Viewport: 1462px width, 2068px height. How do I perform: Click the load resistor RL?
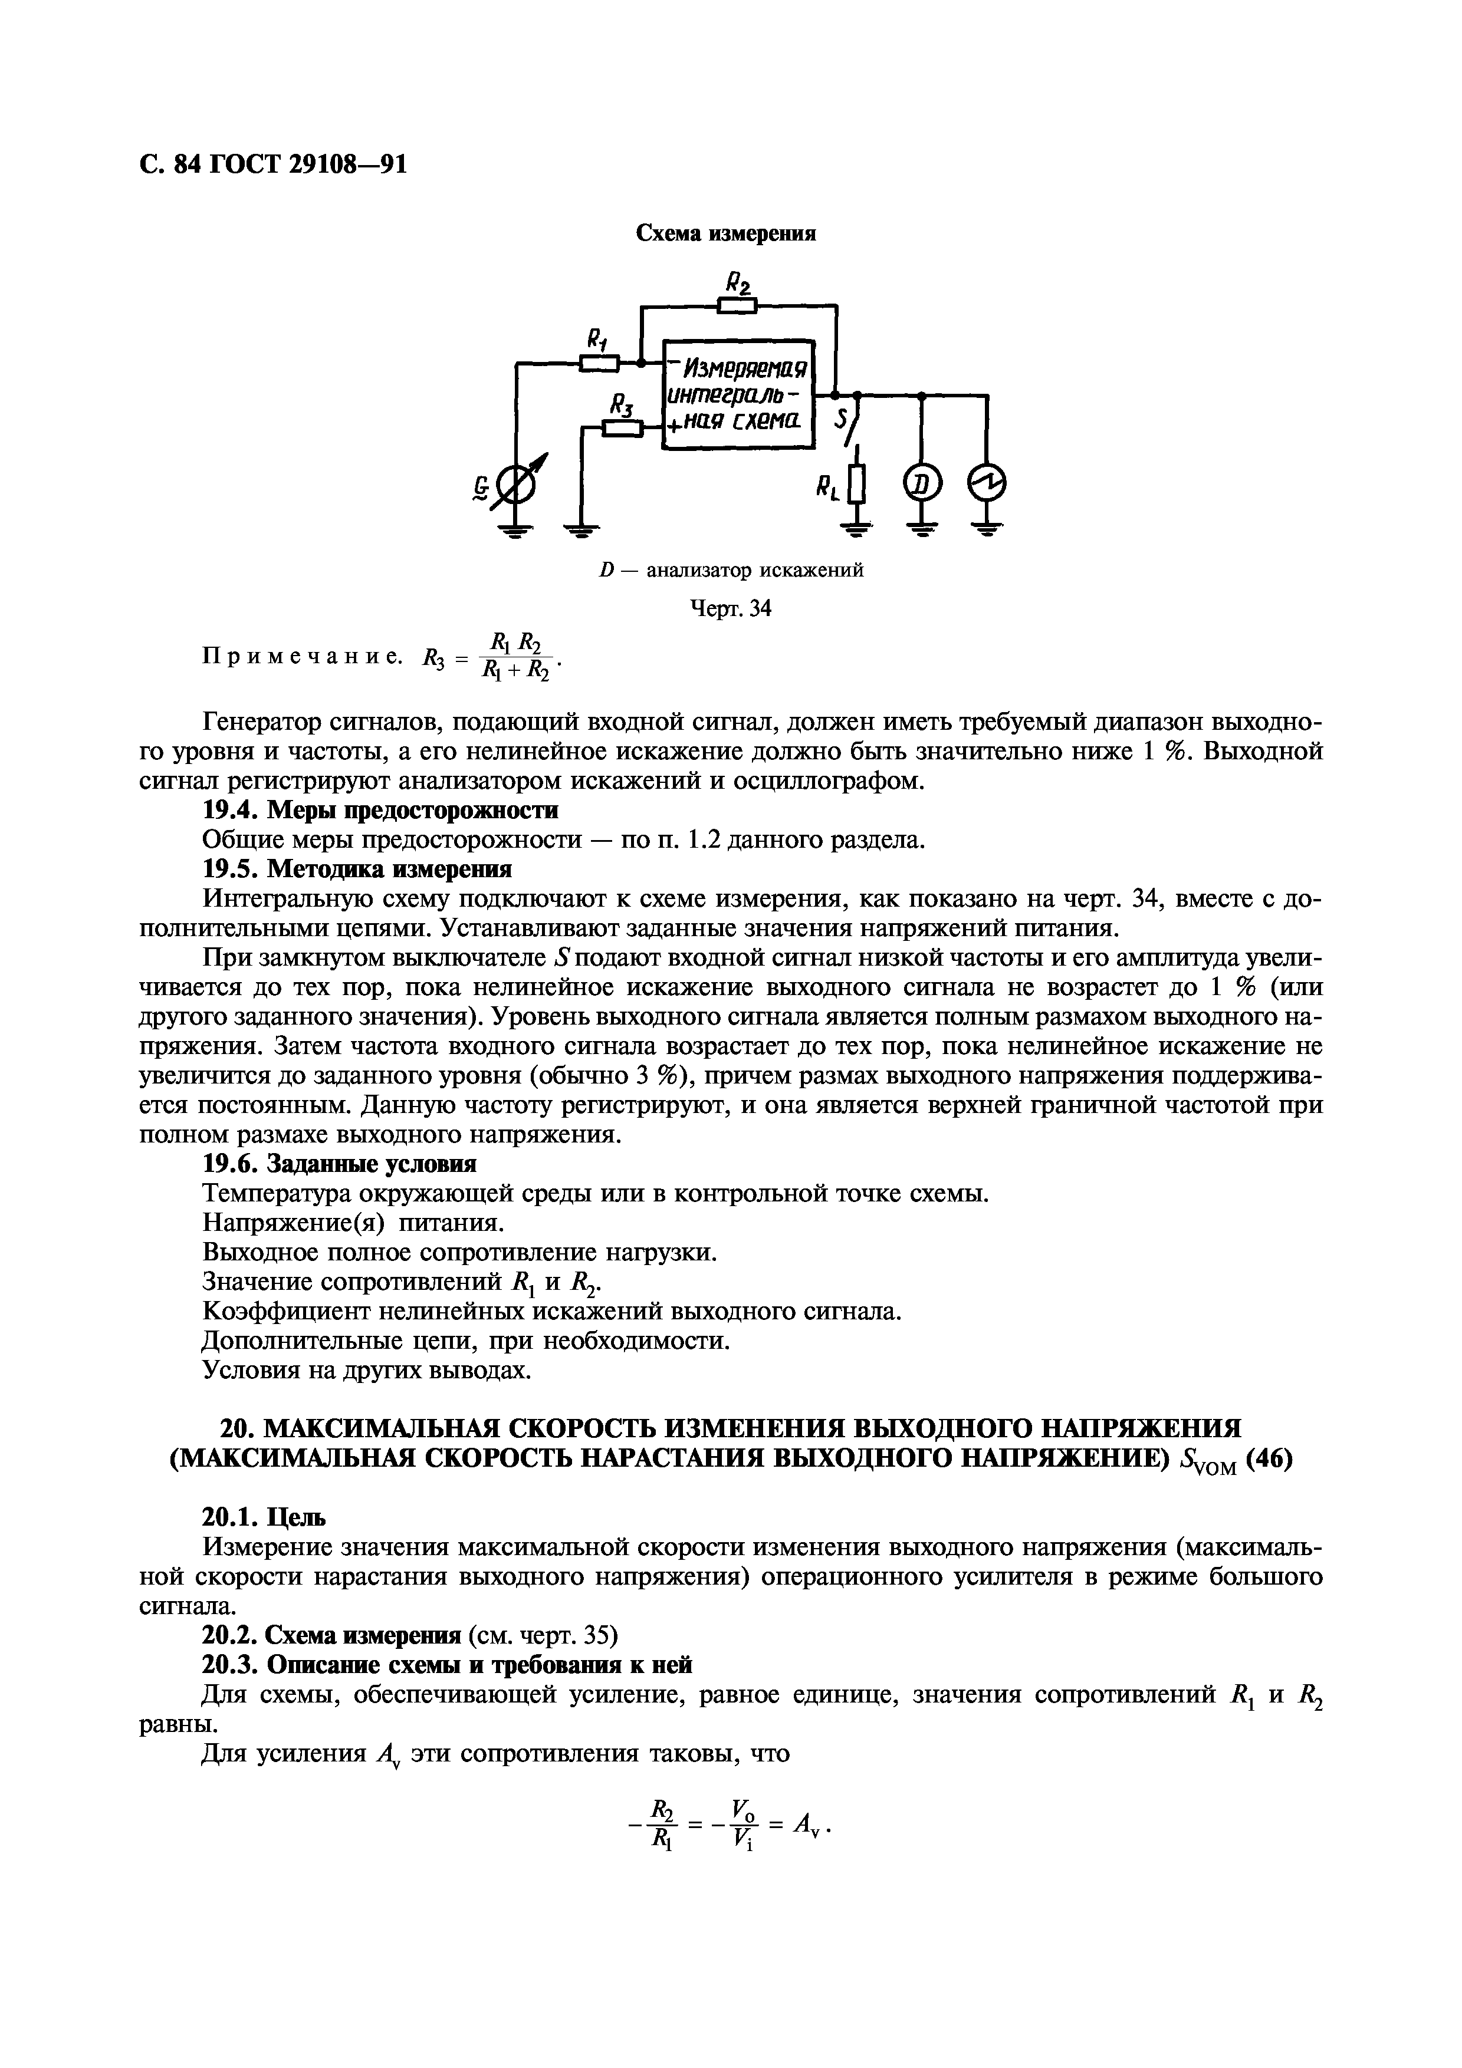(x=857, y=486)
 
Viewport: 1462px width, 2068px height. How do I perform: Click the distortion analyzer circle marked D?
(x=922, y=486)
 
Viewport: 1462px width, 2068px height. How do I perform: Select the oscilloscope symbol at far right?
(x=987, y=486)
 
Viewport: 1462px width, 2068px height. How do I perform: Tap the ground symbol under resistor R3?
(x=583, y=531)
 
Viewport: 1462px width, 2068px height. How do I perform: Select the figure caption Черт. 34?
(x=731, y=609)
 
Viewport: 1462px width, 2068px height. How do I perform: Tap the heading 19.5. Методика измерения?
(x=357, y=869)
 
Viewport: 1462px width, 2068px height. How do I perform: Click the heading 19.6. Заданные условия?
(x=340, y=1165)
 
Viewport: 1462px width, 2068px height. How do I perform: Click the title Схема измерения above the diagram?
(x=726, y=233)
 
